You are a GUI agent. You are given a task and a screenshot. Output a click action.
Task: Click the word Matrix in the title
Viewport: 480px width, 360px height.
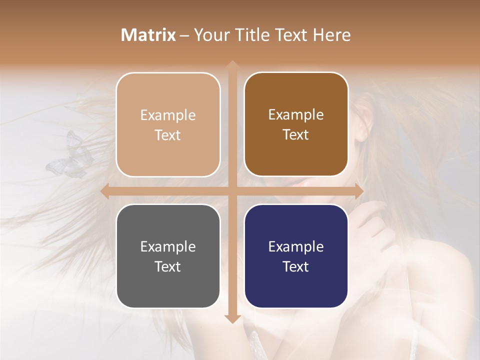click(x=148, y=34)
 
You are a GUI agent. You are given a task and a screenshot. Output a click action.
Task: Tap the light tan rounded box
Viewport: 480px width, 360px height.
click(x=168, y=124)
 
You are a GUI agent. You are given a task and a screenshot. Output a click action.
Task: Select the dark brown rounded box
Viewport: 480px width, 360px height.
click(x=296, y=124)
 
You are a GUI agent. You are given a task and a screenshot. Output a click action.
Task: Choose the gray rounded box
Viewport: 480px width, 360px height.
click(x=168, y=256)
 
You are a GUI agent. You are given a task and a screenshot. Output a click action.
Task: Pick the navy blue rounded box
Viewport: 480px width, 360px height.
click(x=296, y=256)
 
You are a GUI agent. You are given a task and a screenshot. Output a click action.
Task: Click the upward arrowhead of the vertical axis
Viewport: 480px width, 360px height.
click(x=232, y=64)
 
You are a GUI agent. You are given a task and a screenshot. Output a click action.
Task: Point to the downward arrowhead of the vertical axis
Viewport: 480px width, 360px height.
click(x=232, y=318)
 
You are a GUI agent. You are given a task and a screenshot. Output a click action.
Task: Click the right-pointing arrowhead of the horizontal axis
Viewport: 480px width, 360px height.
click(x=358, y=191)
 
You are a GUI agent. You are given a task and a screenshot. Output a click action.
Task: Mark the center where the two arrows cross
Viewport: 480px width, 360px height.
click(x=232, y=191)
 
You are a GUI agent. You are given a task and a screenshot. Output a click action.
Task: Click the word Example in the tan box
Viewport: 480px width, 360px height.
click(x=168, y=115)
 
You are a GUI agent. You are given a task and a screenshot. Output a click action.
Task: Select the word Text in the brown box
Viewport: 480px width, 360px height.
click(x=296, y=135)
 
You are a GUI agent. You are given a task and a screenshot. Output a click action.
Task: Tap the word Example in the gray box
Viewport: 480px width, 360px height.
click(x=168, y=246)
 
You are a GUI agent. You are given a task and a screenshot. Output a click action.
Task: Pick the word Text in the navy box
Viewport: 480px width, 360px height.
click(x=296, y=266)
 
